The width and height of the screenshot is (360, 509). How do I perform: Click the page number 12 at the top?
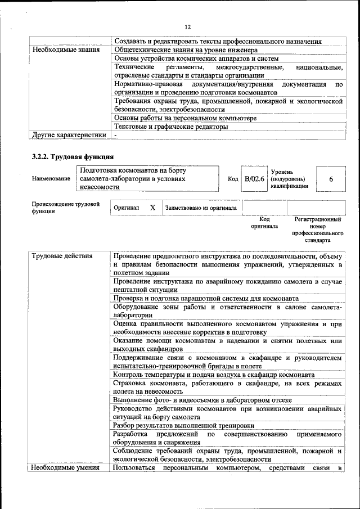tap(188, 26)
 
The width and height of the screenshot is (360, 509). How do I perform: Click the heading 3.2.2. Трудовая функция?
tap(73, 156)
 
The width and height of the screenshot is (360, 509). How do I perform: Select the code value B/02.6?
tap(254, 179)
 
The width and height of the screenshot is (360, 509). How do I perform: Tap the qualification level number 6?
tap(331, 179)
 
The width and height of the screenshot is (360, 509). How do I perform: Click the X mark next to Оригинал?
tap(152, 208)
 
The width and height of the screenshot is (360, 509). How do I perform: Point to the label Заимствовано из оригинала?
tap(200, 208)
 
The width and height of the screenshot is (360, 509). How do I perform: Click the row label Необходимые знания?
tap(66, 49)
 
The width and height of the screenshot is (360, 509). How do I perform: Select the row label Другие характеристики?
tap(69, 135)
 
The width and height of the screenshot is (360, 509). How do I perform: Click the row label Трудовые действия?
tap(62, 256)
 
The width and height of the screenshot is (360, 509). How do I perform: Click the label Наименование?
tap(51, 179)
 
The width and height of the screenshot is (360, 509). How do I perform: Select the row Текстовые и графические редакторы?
tap(170, 127)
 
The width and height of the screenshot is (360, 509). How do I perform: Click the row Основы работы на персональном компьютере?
tap(185, 118)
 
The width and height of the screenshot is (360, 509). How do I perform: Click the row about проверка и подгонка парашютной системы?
tap(205, 298)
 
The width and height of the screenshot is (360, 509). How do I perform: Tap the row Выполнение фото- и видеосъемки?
tap(202, 400)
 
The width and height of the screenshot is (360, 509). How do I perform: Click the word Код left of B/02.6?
tap(233, 179)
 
